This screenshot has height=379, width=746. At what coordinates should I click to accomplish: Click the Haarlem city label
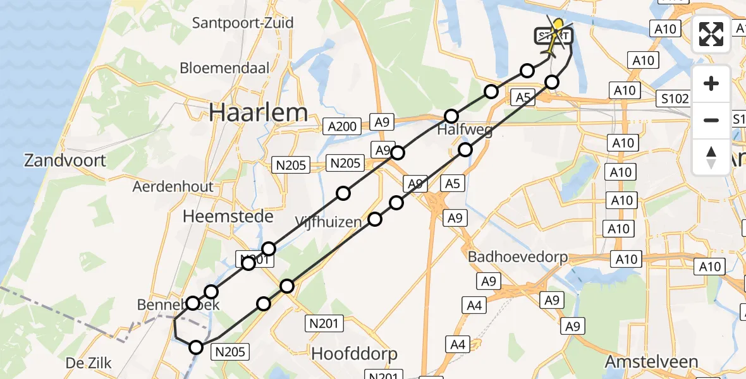pos(259,113)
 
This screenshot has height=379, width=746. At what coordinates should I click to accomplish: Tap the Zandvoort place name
pos(65,160)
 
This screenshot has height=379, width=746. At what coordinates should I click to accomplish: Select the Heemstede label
pos(228,217)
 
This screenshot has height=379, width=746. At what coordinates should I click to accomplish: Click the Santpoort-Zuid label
pos(243,23)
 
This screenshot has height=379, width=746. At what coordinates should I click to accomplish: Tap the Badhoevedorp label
pos(518,258)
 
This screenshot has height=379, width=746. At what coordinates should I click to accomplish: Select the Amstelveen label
pos(651,362)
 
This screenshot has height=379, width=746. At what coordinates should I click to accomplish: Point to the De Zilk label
pos(89,363)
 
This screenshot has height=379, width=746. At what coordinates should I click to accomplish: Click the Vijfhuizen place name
pos(328,222)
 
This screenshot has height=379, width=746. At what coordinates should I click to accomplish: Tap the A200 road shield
pos(342,126)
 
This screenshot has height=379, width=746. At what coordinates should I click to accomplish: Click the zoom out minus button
pos(711,120)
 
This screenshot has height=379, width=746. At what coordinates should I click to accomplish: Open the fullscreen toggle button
pos(711,34)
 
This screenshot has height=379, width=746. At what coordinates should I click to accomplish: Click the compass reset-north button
pos(711,157)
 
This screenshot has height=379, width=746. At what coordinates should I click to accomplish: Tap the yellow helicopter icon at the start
pos(556,35)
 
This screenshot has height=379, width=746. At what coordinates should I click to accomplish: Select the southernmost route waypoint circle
pos(197,347)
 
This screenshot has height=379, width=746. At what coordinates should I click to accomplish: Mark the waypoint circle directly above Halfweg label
pos(451,116)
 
